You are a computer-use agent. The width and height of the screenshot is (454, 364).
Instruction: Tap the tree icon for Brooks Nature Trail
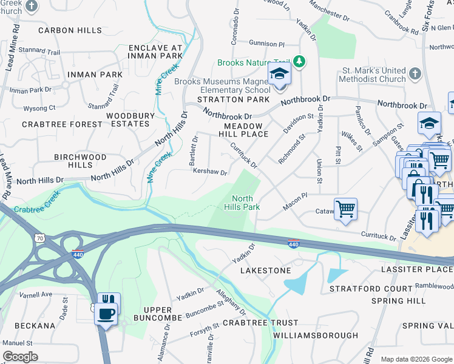tap(299, 61)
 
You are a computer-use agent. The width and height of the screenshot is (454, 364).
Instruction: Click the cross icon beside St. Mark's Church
tap(415, 74)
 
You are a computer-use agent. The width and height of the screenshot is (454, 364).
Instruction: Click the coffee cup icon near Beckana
tap(107, 314)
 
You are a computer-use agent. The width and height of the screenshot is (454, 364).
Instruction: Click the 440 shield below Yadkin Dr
tap(293, 243)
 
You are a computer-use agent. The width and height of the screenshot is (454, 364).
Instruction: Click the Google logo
tap(20, 356)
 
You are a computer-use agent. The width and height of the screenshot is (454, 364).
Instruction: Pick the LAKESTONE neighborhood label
tap(266, 270)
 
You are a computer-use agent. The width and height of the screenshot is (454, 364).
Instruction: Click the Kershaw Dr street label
tap(209, 172)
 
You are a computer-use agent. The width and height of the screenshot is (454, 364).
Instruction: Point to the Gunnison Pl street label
tap(266, 44)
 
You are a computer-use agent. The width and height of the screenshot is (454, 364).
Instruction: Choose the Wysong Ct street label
tap(39, 108)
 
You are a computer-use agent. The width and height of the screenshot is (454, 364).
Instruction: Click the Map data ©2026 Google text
tap(416, 359)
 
